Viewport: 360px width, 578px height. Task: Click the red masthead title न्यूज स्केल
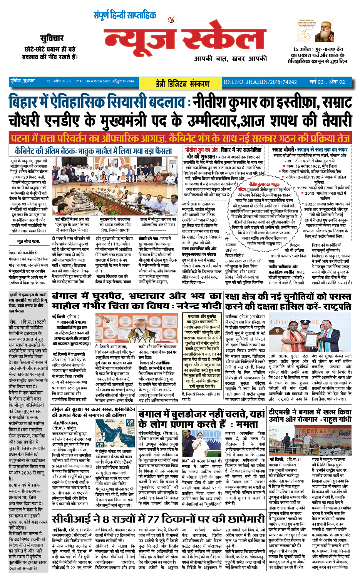coord(185,38)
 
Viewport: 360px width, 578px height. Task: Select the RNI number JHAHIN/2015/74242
coord(260,82)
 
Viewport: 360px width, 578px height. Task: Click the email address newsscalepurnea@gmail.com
coord(104,81)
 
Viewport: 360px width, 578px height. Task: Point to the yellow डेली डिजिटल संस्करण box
coord(183,82)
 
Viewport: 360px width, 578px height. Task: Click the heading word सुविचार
coord(52,38)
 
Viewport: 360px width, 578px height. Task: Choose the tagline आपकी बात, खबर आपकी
coord(230,58)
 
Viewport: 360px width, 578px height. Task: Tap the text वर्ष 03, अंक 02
coord(327,82)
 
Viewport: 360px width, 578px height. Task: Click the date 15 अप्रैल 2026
coord(59,81)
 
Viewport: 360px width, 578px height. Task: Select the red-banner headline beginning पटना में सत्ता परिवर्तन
coord(180,138)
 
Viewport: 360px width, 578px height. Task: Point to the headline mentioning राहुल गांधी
coord(310,415)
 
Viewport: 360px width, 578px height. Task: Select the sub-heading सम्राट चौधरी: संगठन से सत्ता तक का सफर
coord(310,149)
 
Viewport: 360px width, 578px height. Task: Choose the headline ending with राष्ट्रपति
coord(288,301)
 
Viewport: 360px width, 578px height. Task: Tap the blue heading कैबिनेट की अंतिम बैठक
coord(93,151)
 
